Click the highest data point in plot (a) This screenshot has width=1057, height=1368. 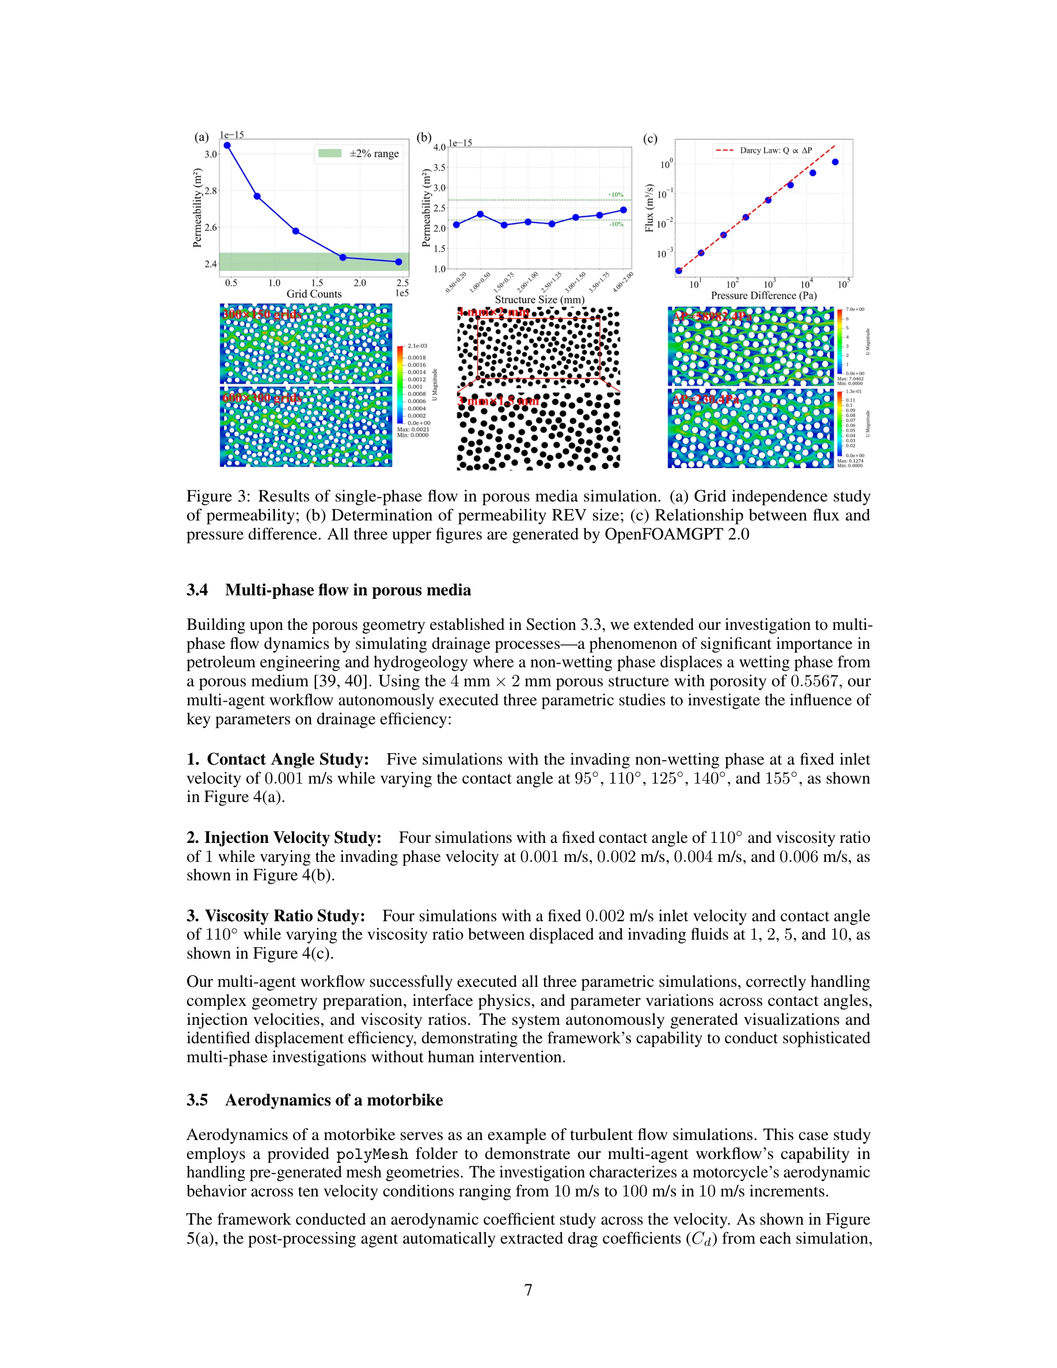point(227,145)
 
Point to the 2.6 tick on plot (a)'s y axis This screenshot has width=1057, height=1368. point(210,227)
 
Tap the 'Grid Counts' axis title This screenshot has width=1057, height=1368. point(314,294)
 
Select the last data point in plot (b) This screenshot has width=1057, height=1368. point(623,210)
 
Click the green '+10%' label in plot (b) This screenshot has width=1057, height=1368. point(615,195)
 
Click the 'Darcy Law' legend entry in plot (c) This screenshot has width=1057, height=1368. point(764,150)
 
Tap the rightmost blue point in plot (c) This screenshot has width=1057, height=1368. point(835,162)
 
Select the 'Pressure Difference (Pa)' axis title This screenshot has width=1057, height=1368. point(763,295)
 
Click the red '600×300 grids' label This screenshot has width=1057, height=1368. point(263,398)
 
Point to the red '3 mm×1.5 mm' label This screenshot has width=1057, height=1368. point(498,400)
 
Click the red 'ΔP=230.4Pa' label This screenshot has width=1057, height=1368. point(706,399)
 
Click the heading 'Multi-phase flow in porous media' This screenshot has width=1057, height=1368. point(348,590)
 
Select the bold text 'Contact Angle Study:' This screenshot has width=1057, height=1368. point(287,759)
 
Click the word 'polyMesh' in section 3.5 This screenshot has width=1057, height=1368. point(372,1154)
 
